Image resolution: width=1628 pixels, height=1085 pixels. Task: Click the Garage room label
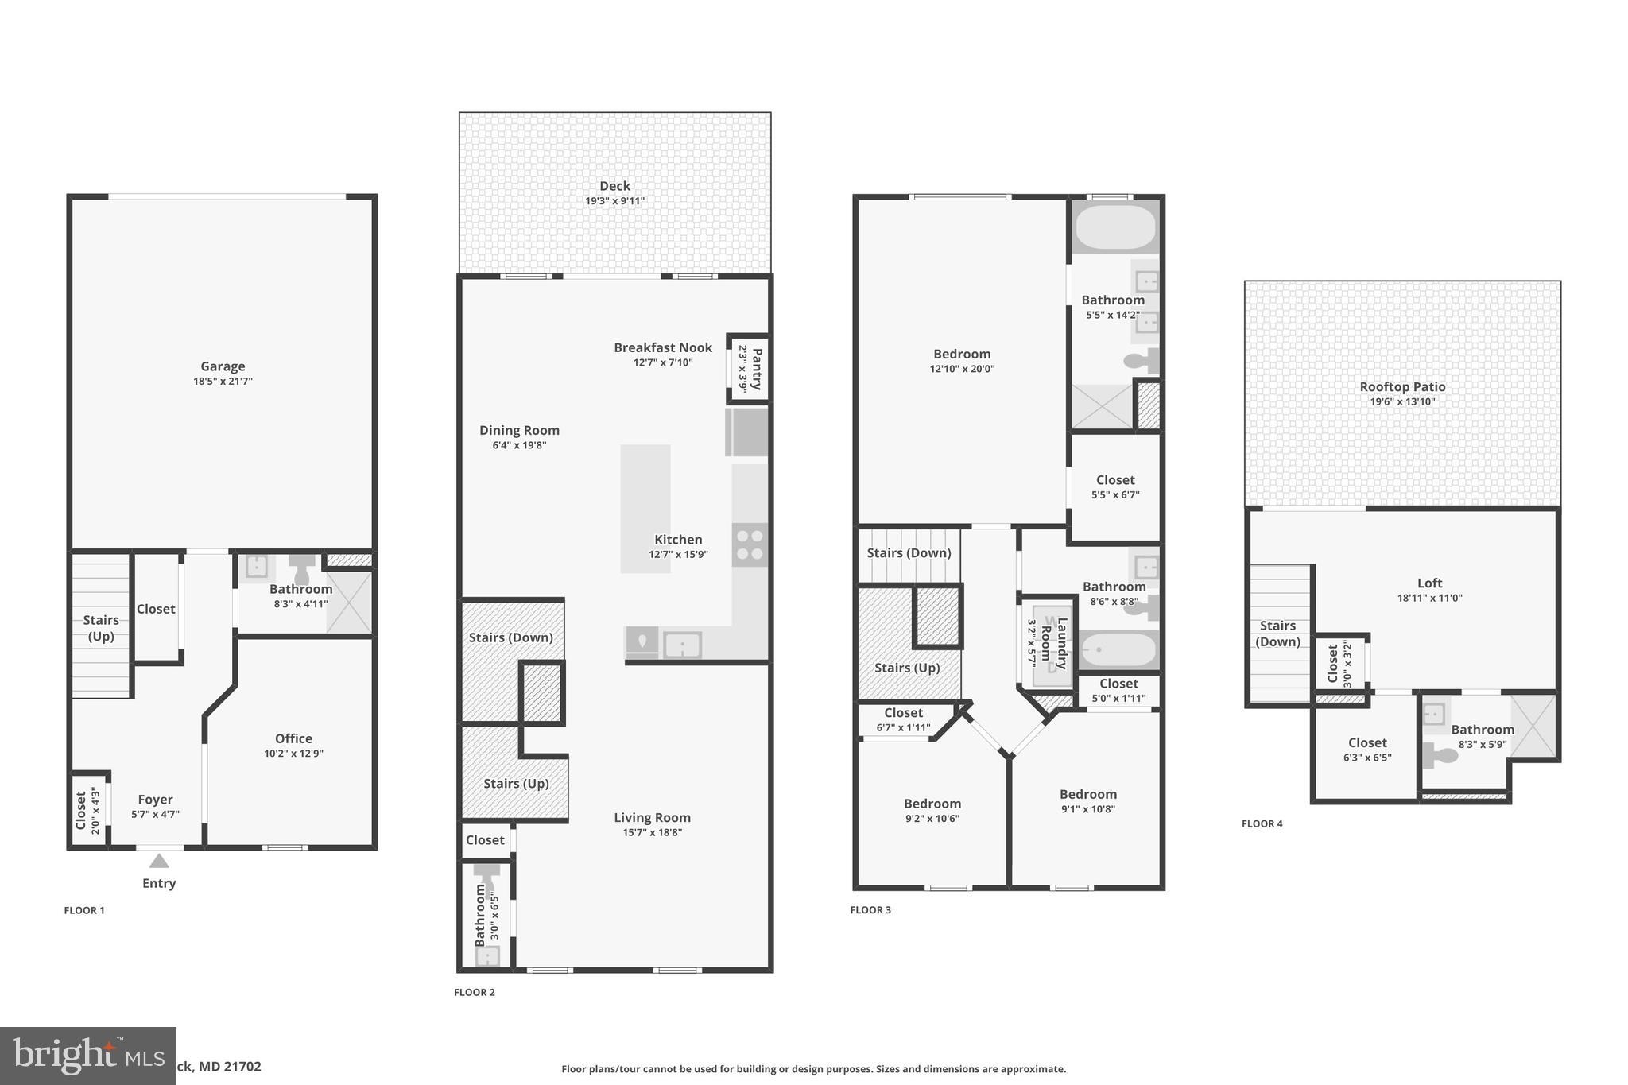[223, 366]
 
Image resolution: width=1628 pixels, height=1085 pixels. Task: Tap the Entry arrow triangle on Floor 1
[159, 861]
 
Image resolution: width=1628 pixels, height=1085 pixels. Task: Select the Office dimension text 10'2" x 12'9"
[293, 754]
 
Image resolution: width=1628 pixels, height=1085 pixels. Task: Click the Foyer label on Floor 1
[155, 800]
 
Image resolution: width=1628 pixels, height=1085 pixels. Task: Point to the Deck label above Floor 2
[614, 186]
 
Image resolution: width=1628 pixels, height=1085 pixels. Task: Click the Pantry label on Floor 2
[757, 369]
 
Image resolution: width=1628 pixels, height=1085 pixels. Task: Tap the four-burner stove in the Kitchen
[750, 544]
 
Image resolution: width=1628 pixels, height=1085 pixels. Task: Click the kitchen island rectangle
[645, 509]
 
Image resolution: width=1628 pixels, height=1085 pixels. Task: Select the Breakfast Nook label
[663, 347]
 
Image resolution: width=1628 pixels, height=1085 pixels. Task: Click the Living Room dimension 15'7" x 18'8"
[652, 833]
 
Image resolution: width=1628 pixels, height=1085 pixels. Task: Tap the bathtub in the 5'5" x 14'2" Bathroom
[1115, 227]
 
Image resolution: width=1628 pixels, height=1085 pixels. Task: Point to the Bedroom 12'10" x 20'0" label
[962, 355]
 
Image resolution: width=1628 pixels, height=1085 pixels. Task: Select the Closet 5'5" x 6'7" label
[1115, 480]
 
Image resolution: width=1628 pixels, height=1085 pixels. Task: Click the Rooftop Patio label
[1402, 387]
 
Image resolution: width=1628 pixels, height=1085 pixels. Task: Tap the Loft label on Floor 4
[1429, 583]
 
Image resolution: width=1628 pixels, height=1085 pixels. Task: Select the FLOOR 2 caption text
[475, 992]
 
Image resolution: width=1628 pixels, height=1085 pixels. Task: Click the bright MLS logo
[87, 1056]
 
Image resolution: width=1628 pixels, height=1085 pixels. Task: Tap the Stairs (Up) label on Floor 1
[101, 628]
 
